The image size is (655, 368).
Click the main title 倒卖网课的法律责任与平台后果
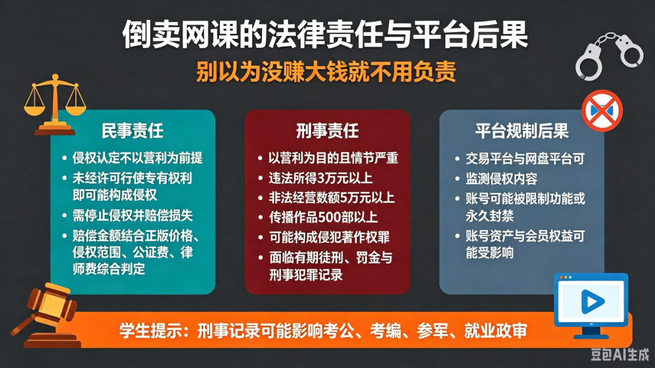pyautogui.click(x=325, y=35)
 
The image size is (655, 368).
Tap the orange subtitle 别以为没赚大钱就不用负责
pyautogui.click(x=326, y=72)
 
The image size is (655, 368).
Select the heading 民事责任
pyautogui.click(x=132, y=131)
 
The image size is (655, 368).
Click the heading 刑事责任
pyautogui.click(x=327, y=131)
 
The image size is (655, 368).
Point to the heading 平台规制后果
pyautogui.click(x=522, y=131)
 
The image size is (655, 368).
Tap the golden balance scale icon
pyautogui.click(x=55, y=104)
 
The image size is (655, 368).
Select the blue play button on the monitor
pyautogui.click(x=592, y=301)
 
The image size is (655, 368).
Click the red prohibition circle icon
pyautogui.click(x=602, y=111)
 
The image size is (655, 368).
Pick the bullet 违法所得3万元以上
pyautogui.click(x=320, y=178)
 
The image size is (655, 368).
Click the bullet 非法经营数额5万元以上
pyautogui.click(x=332, y=198)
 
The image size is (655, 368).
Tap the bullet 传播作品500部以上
pyautogui.click(x=323, y=217)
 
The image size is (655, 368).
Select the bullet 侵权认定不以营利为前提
pyautogui.click(x=138, y=158)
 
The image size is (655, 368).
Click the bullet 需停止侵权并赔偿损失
pyautogui.click(x=132, y=216)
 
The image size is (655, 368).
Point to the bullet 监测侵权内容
pyautogui.click(x=502, y=179)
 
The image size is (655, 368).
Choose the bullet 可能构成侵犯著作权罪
pyautogui.click(x=329, y=237)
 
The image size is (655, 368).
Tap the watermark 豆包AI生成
pyautogui.click(x=620, y=354)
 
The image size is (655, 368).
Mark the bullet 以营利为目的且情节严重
pyautogui.click(x=334, y=158)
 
